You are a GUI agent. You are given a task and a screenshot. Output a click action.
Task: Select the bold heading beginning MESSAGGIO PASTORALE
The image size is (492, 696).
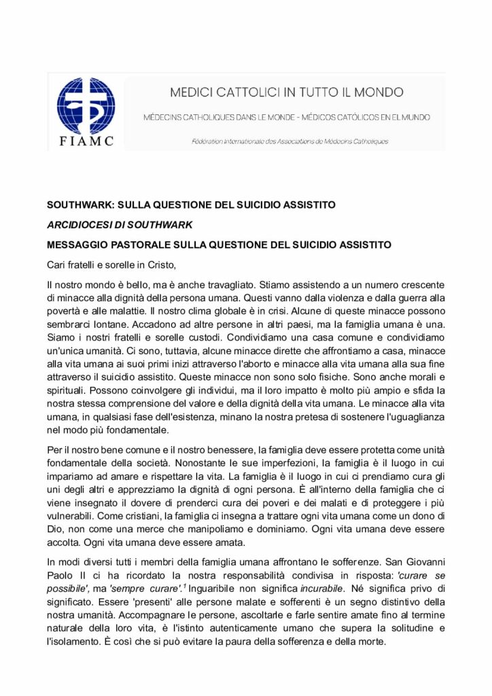219,243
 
